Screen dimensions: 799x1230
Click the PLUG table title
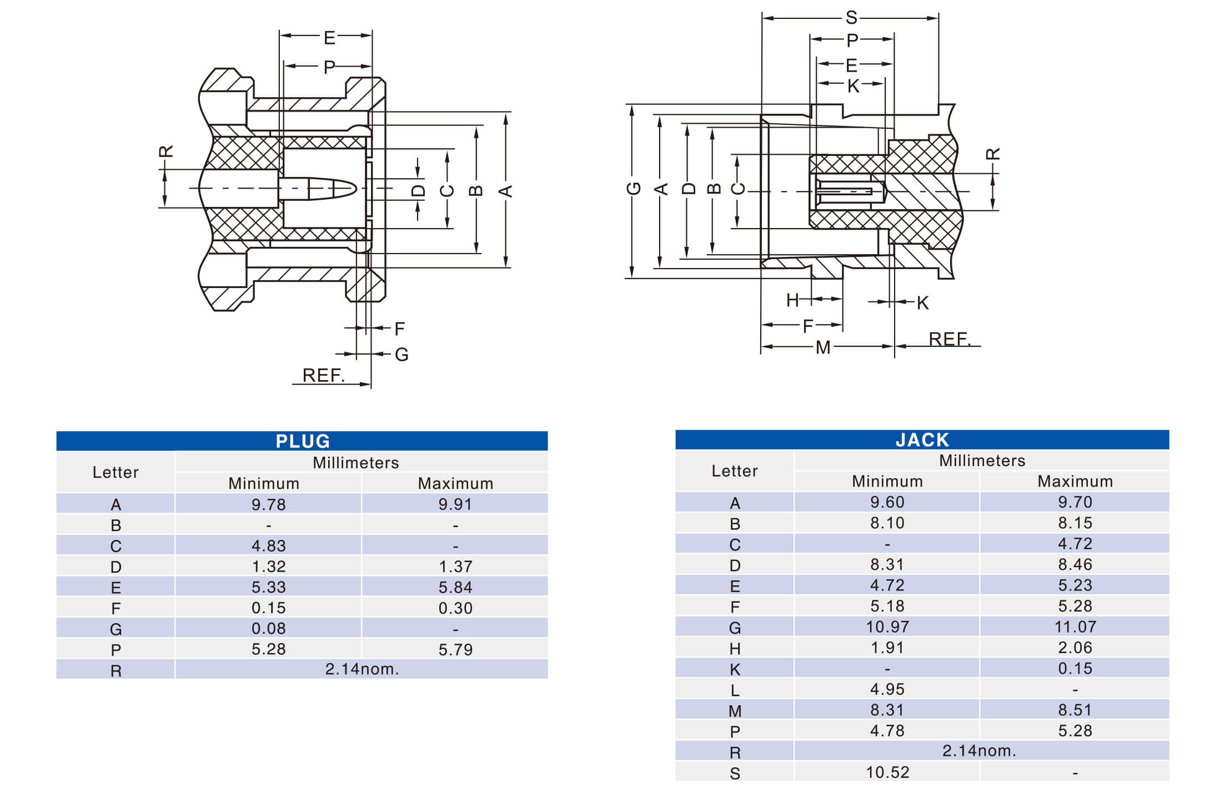click(303, 441)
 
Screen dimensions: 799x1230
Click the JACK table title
click(922, 440)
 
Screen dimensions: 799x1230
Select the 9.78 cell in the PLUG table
click(268, 504)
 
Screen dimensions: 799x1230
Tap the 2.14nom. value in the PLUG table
click(362, 669)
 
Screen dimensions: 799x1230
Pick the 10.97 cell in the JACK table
click(887, 627)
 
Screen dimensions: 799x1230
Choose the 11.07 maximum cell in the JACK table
click(1075, 627)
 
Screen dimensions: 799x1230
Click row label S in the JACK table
click(735, 773)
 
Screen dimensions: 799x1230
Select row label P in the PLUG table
click(116, 650)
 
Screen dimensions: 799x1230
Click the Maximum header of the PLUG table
click(455, 483)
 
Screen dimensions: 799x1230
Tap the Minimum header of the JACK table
click(887, 481)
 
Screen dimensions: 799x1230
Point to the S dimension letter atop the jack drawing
click(851, 18)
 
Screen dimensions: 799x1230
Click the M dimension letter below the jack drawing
click(823, 348)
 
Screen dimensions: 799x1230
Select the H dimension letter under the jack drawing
click(792, 300)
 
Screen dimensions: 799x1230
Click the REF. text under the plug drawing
click(323, 375)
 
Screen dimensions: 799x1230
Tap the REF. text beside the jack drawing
click(949, 339)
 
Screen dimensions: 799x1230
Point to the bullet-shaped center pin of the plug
click(328, 189)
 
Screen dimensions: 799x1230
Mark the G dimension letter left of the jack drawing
click(634, 188)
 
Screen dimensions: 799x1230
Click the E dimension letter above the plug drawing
click(329, 38)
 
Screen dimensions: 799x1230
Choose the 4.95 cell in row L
click(887, 689)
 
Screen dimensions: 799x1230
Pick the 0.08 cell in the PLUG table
click(268, 629)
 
